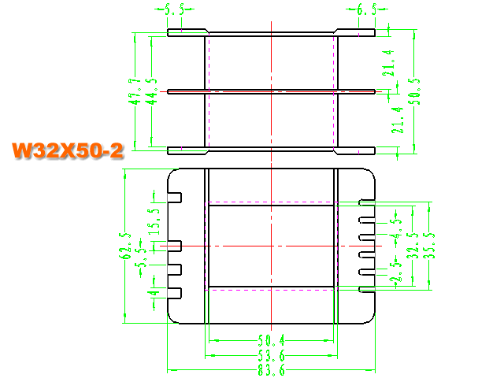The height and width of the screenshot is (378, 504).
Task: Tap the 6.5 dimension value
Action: tap(366, 11)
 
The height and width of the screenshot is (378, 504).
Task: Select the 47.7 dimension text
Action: tap(135, 91)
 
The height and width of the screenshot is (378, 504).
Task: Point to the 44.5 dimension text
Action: tap(151, 91)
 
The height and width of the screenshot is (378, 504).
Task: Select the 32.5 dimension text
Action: tap(413, 246)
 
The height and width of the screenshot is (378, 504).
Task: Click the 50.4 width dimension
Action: tap(271, 340)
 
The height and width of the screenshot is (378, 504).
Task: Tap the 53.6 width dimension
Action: tap(271, 354)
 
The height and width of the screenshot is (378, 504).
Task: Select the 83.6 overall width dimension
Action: tap(271, 370)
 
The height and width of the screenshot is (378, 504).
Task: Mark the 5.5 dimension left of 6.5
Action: tap(175, 11)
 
